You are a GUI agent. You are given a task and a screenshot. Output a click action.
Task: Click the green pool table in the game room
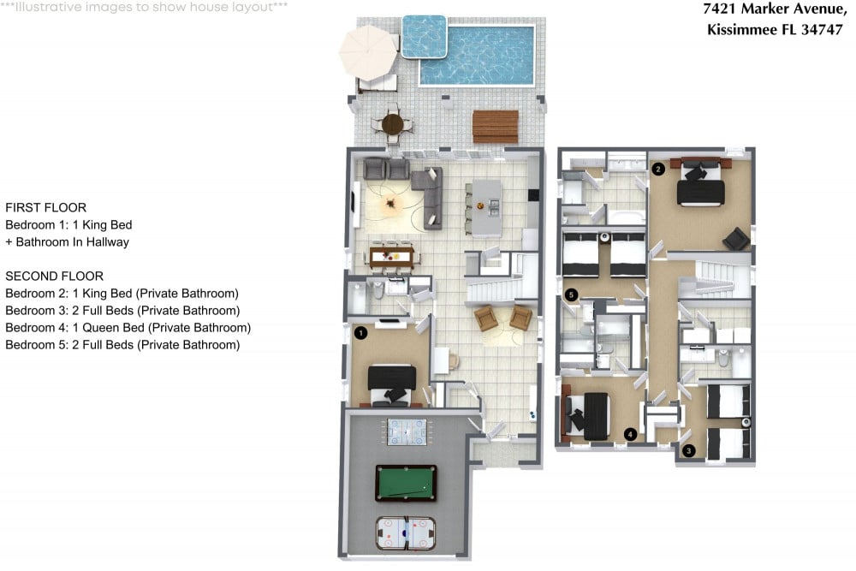[406, 483]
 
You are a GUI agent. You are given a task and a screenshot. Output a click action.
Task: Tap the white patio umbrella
[368, 51]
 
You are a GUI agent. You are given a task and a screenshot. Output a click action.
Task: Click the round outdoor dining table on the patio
[392, 124]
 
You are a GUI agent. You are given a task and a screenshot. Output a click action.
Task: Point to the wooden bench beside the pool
[495, 126]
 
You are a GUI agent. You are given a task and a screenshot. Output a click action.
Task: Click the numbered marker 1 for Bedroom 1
[360, 332]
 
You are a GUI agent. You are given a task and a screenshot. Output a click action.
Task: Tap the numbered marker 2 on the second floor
[657, 169]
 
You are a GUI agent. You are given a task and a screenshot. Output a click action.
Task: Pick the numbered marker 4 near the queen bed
[630, 434]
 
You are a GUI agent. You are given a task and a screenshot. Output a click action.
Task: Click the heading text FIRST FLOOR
[45, 208]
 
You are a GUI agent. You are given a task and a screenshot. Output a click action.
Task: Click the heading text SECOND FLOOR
[54, 277]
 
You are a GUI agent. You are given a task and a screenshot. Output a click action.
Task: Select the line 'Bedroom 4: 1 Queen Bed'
[128, 328]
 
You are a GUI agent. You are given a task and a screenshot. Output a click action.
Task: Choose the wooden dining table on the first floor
[392, 255]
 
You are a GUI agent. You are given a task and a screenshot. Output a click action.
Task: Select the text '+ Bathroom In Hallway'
[67, 242]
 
